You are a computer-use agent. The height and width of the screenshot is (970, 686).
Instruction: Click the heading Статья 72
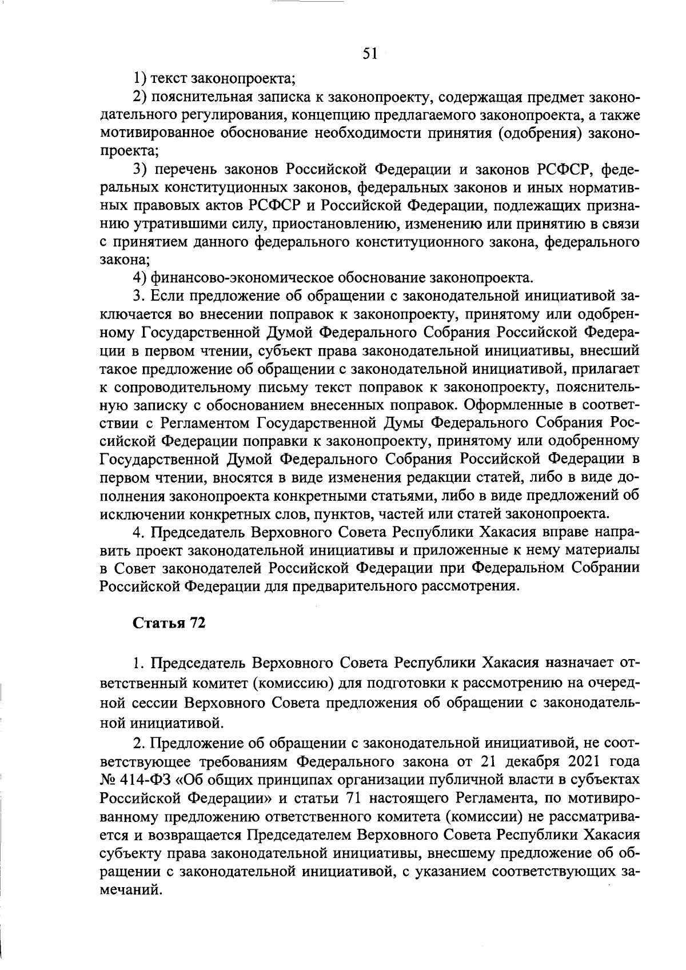(x=169, y=623)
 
